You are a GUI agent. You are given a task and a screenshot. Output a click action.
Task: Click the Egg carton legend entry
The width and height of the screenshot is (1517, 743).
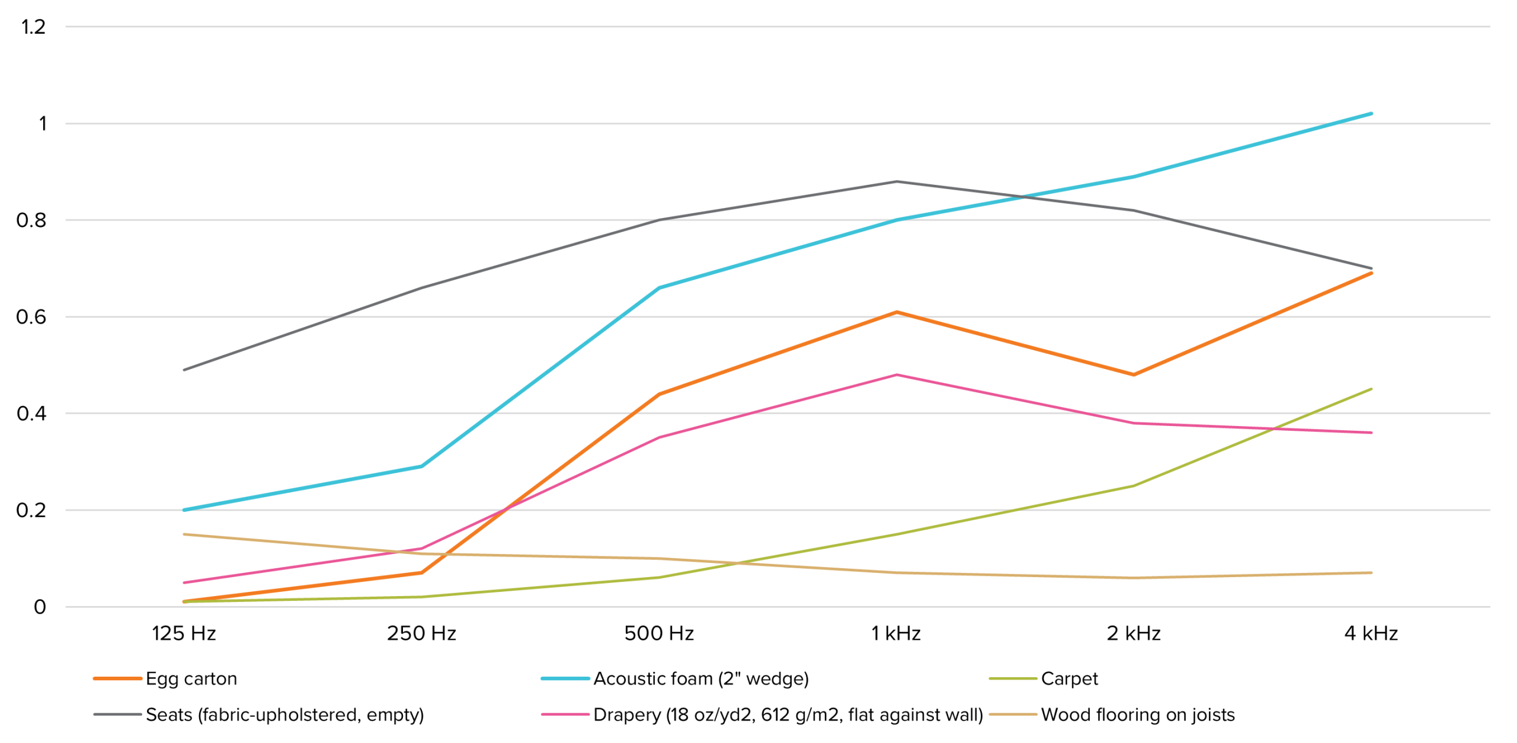[x=191, y=678]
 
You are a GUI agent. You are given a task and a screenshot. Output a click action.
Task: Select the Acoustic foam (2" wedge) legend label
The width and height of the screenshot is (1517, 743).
[x=700, y=678]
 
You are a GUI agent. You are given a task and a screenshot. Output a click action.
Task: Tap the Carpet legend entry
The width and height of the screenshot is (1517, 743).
[x=1068, y=678]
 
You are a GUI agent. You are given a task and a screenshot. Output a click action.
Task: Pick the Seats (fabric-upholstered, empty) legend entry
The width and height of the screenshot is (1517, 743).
[x=284, y=715]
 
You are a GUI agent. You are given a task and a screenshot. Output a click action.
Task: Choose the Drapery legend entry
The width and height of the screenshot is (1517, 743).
[x=788, y=715]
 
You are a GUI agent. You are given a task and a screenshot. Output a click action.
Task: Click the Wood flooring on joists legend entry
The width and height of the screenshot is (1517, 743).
[x=1137, y=715]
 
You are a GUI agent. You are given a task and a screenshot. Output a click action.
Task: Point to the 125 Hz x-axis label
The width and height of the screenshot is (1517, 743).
[x=184, y=633]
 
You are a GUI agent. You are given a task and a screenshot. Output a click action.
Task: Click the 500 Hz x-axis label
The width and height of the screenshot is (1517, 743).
[x=659, y=633]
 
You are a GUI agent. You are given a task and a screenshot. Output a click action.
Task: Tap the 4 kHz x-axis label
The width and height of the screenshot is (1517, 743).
[x=1371, y=633]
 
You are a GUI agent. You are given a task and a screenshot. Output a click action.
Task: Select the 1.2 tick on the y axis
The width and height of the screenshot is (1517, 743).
[x=33, y=27]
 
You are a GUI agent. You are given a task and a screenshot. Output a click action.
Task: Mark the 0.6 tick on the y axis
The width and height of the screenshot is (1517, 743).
[x=31, y=317]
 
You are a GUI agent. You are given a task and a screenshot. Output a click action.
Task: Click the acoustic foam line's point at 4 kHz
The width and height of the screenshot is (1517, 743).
[x=1371, y=114]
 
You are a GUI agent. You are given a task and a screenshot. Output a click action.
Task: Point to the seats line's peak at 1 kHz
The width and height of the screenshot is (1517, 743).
[x=897, y=181]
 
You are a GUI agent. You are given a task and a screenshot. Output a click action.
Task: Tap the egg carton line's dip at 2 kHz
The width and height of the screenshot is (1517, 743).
[x=1134, y=374]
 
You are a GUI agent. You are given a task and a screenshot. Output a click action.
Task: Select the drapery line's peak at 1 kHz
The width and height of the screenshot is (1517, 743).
[x=897, y=374]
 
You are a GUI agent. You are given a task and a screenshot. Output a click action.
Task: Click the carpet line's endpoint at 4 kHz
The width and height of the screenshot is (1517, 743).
[x=1371, y=389]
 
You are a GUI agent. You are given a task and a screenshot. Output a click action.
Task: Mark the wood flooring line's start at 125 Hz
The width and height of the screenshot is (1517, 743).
[x=184, y=534]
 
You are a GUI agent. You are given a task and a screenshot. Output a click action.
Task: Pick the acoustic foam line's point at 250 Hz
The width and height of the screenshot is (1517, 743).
[x=421, y=466]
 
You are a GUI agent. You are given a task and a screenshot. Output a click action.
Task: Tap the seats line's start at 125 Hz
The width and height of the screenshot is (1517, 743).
[x=184, y=370]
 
